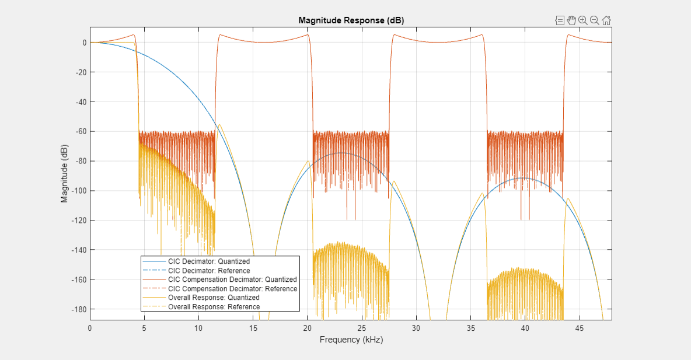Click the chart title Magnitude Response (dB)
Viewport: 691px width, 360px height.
point(351,20)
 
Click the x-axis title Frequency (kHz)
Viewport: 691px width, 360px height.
point(351,340)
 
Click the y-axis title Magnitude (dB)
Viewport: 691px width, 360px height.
point(65,173)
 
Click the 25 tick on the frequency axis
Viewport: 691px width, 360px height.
point(362,328)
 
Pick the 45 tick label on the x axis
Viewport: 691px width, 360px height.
point(580,328)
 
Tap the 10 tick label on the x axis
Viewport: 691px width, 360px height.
point(198,328)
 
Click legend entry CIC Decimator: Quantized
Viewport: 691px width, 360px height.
point(208,261)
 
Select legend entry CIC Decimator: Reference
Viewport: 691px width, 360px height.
point(208,271)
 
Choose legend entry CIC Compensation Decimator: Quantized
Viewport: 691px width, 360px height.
point(232,279)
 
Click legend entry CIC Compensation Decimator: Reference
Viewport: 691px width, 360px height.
point(232,289)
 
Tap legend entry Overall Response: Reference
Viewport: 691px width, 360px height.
point(214,307)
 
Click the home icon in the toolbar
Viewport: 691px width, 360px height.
point(606,20)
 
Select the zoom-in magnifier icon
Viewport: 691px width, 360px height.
point(583,20)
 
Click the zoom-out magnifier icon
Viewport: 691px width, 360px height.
point(595,20)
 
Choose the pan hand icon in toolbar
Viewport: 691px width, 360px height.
point(571,20)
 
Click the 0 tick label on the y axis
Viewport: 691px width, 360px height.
point(84,43)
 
